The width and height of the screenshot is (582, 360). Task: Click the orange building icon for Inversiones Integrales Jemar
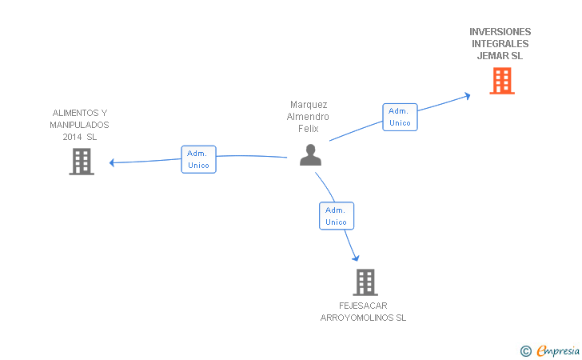[x=501, y=80]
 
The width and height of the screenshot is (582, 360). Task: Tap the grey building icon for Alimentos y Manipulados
[x=81, y=162]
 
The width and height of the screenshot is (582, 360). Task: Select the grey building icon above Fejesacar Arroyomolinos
[x=365, y=282]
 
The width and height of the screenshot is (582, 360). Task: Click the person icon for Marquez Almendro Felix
[x=310, y=154]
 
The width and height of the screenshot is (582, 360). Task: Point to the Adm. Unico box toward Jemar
[x=400, y=117]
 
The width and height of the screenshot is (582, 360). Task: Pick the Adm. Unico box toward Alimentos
[x=198, y=159]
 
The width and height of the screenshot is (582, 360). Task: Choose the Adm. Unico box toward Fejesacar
[x=337, y=215]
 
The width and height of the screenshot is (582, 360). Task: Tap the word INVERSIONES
[x=500, y=32]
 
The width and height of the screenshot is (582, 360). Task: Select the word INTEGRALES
[x=500, y=44]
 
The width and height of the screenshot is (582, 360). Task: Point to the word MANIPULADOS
[x=79, y=125]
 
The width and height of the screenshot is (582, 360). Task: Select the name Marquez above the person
[x=309, y=105]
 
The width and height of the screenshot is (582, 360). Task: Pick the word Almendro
[x=309, y=117]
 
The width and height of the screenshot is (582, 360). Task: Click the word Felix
[x=309, y=129]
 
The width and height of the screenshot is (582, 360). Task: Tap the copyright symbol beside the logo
[x=525, y=350]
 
